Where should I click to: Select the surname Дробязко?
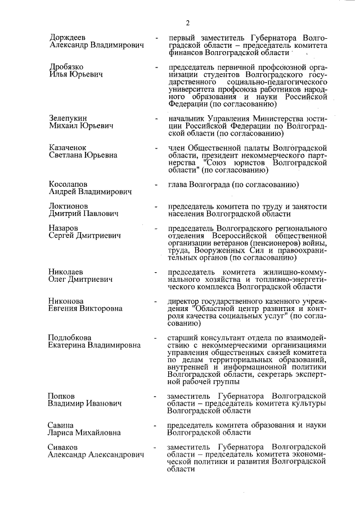(x=67, y=67)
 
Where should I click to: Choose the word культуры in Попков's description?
(x=309, y=403)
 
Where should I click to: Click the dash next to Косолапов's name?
(x=156, y=184)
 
